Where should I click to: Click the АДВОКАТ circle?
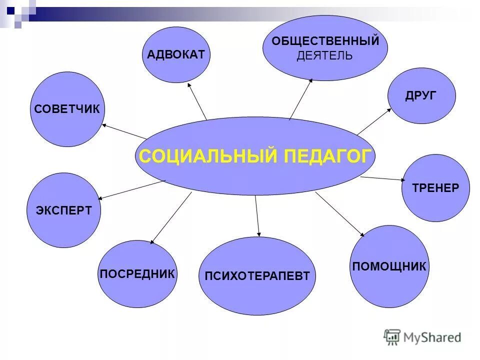pyautogui.click(x=176, y=54)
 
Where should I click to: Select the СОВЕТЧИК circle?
pyautogui.click(x=67, y=109)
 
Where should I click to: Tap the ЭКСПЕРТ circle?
pyautogui.click(x=63, y=210)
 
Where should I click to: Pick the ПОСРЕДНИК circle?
pyautogui.click(x=137, y=273)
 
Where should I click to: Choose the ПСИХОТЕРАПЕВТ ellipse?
pyautogui.click(x=257, y=276)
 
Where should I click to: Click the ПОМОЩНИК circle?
pyautogui.click(x=389, y=266)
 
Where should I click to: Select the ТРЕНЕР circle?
pyautogui.click(x=435, y=188)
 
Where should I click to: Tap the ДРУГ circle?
pyautogui.click(x=421, y=95)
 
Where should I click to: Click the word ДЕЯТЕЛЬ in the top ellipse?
pyautogui.click(x=324, y=56)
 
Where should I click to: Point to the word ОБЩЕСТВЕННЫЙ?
pyautogui.click(x=325, y=41)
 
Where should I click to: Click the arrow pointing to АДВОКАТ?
pyautogui.click(x=197, y=102)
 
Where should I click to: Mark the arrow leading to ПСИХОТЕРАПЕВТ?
pyautogui.click(x=257, y=215)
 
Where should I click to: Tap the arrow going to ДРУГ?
pyautogui.click(x=374, y=121)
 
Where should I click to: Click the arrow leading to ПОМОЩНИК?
pyautogui.click(x=339, y=213)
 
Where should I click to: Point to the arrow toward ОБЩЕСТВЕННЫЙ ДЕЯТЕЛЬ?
pyautogui.click(x=300, y=99)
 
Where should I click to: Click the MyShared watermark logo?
pyautogui.click(x=422, y=337)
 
